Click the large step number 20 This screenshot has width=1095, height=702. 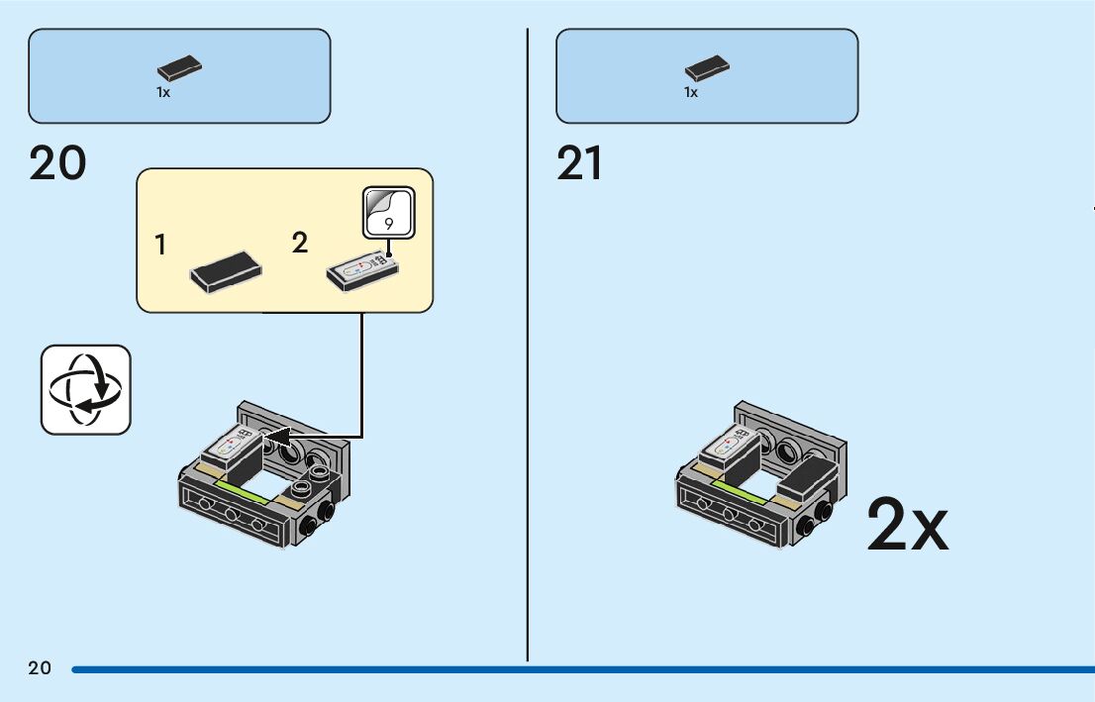click(57, 163)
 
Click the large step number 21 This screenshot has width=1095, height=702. click(579, 163)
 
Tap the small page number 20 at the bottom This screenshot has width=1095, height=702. click(40, 667)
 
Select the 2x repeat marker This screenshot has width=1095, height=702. click(907, 525)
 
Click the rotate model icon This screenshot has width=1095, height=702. click(86, 390)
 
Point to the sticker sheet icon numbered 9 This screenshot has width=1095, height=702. click(389, 212)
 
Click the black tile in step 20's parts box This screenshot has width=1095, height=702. click(179, 68)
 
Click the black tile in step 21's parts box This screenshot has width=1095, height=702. click(708, 68)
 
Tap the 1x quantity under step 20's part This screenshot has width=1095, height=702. click(162, 92)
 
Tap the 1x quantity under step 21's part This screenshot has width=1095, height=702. click(691, 92)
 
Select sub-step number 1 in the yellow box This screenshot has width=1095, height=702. click(160, 246)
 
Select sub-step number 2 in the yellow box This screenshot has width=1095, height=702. click(300, 244)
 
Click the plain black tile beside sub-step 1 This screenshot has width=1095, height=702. click(227, 272)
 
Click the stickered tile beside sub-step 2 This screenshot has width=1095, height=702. click(362, 271)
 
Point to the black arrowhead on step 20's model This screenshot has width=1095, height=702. click(277, 438)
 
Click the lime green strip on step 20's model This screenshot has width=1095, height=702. click(243, 491)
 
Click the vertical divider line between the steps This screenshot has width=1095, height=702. click(528, 345)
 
